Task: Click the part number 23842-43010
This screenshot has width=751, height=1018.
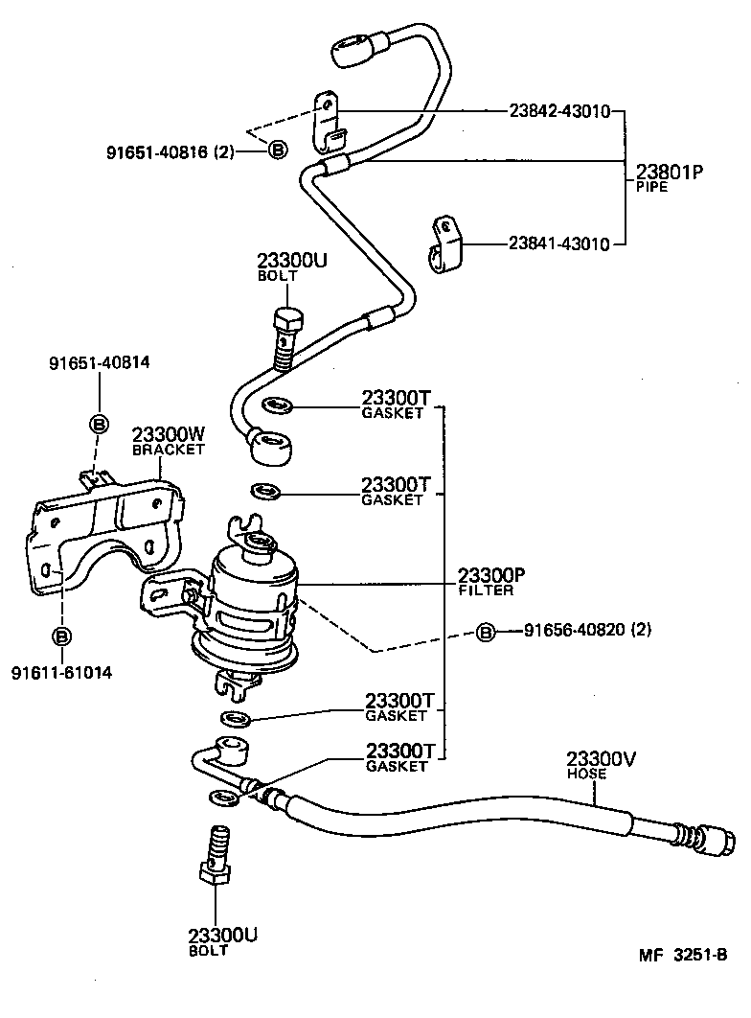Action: pyautogui.click(x=559, y=111)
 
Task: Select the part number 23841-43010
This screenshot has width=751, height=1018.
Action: pyautogui.click(x=559, y=244)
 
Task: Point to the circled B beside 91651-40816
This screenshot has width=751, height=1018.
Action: pyautogui.click(x=277, y=150)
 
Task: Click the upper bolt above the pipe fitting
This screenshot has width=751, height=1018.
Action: pyautogui.click(x=284, y=335)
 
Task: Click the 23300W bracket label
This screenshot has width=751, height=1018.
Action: pyautogui.click(x=169, y=439)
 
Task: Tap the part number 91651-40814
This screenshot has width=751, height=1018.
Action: pyautogui.click(x=100, y=362)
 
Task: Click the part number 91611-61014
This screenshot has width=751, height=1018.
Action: pyautogui.click(x=61, y=672)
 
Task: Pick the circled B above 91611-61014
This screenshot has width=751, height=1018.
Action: pyautogui.click(x=61, y=636)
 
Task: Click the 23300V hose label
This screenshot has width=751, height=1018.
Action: pyautogui.click(x=601, y=764)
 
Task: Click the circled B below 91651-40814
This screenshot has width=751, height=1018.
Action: pyautogui.click(x=100, y=423)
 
